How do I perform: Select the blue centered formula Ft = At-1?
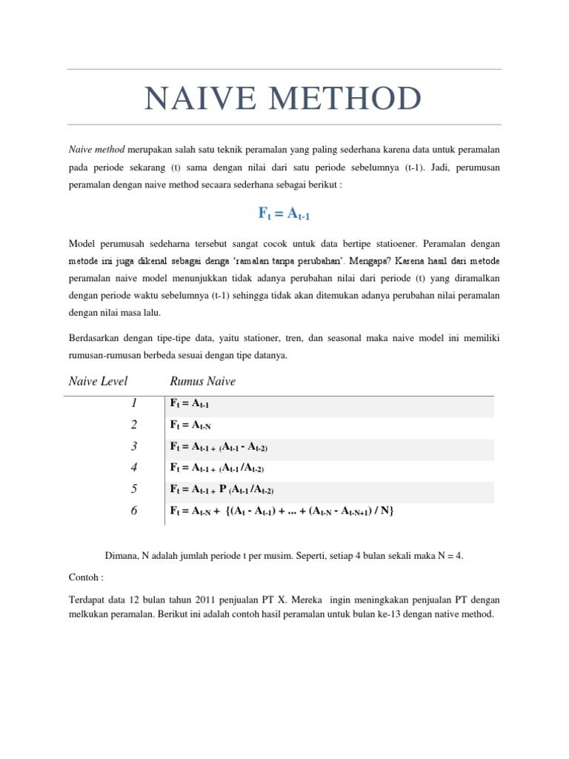coord(284,213)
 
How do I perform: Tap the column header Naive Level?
coord(98,381)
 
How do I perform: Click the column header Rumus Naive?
coord(203,381)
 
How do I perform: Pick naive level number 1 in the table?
coord(134,403)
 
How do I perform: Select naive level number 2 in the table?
coord(134,425)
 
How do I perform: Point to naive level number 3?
coord(134,446)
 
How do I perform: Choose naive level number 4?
coord(134,468)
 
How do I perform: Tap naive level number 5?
coord(134,489)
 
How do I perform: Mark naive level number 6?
coord(134,511)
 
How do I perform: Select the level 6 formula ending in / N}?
coord(278,511)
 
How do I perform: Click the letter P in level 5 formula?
coord(222,489)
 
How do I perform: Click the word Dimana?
coord(124,554)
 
